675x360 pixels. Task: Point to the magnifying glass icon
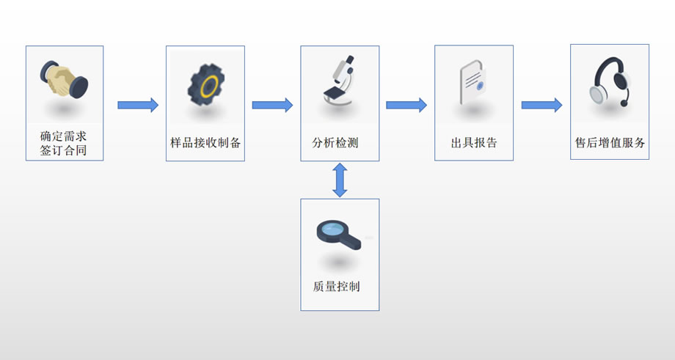338,233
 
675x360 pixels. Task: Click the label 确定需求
64,136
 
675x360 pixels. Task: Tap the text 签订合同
64,151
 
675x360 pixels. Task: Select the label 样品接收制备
205,143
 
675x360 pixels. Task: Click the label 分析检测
340,143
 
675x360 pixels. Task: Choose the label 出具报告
474,143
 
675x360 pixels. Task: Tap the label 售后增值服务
610,143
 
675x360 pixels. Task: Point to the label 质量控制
340,286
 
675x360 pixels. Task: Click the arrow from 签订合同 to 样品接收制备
138,105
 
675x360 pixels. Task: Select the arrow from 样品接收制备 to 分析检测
272,105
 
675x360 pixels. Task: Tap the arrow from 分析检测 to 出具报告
406,105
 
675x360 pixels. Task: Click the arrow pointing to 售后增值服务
541,105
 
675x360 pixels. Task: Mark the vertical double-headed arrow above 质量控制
340,180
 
